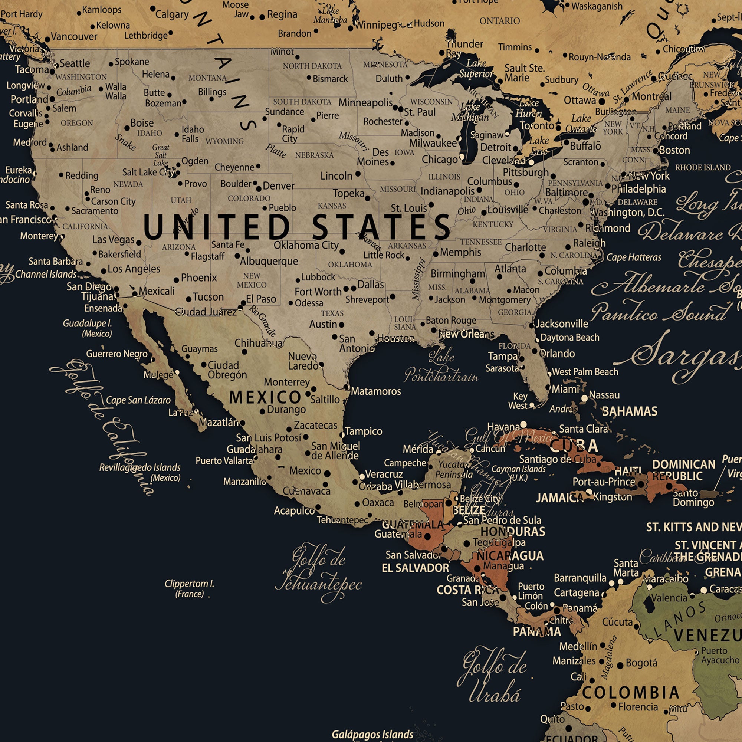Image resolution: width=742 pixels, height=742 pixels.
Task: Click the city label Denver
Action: [x=279, y=186]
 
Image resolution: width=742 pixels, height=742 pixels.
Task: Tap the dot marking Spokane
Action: [x=111, y=64]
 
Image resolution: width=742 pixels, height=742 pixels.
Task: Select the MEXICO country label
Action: [x=265, y=397]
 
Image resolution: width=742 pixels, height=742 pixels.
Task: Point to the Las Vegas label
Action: [x=113, y=240]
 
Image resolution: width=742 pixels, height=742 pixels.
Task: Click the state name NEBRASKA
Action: [x=314, y=155]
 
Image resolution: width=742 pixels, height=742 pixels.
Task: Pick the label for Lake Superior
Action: [x=476, y=68]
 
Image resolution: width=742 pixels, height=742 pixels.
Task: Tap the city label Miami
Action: [x=565, y=389]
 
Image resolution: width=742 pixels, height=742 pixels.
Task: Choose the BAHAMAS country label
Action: [x=630, y=411]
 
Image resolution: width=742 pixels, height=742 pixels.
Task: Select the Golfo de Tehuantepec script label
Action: [x=318, y=572]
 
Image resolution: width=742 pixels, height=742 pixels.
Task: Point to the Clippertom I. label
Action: [x=189, y=588]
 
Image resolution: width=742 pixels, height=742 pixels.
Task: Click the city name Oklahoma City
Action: [x=306, y=245]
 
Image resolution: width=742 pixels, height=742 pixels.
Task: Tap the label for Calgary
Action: [x=172, y=14]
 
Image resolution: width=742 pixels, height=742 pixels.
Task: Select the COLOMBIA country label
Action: [x=631, y=692]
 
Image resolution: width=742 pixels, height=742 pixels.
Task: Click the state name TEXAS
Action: [x=332, y=313]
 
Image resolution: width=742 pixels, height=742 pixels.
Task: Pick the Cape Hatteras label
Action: [x=634, y=257]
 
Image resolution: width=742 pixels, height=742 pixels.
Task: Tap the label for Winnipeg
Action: [x=378, y=25]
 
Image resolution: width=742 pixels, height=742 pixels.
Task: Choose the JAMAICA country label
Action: [x=559, y=498]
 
